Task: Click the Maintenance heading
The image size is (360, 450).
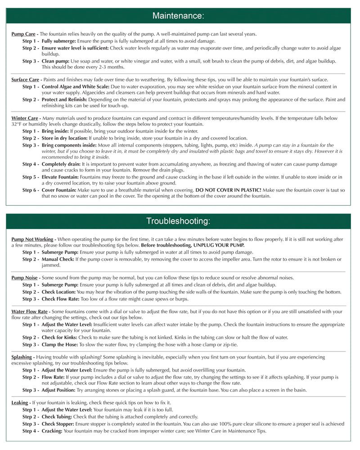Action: (178, 16)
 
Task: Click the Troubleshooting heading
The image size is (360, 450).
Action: (178, 221)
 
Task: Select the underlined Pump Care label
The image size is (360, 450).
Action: (23, 34)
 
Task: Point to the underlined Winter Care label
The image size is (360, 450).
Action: (24, 118)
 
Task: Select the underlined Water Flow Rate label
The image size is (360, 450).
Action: (30, 311)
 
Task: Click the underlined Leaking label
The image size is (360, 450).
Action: (20, 402)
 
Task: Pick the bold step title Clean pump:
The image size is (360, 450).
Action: (56, 61)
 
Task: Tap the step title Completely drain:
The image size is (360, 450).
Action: (61, 165)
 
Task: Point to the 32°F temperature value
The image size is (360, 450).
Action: (17, 124)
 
